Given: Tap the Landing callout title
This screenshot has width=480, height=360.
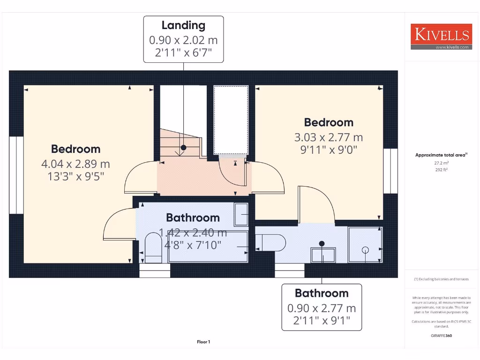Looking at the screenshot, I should pyautogui.click(x=183, y=25).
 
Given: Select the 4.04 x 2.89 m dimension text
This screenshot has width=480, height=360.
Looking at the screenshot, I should pyautogui.click(x=75, y=164).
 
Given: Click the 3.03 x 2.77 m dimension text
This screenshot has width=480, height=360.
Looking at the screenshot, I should pyautogui.click(x=329, y=137).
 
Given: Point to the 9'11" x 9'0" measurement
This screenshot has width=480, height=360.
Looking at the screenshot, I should pyautogui.click(x=329, y=150).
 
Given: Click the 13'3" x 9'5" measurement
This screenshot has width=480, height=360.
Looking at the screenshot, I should pyautogui.click(x=75, y=177).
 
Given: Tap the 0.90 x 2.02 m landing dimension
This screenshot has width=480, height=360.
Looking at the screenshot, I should pyautogui.click(x=183, y=40).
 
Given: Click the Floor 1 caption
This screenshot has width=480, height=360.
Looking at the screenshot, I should pyautogui.click(x=203, y=342).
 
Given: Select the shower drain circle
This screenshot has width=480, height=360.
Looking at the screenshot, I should pyautogui.click(x=365, y=250).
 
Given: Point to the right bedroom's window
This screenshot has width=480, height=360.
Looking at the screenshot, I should pyautogui.click(x=390, y=171).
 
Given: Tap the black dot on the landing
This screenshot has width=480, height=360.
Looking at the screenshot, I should pyautogui.click(x=183, y=148).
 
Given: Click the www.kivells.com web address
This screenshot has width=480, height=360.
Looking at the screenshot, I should pyautogui.click(x=452, y=47).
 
